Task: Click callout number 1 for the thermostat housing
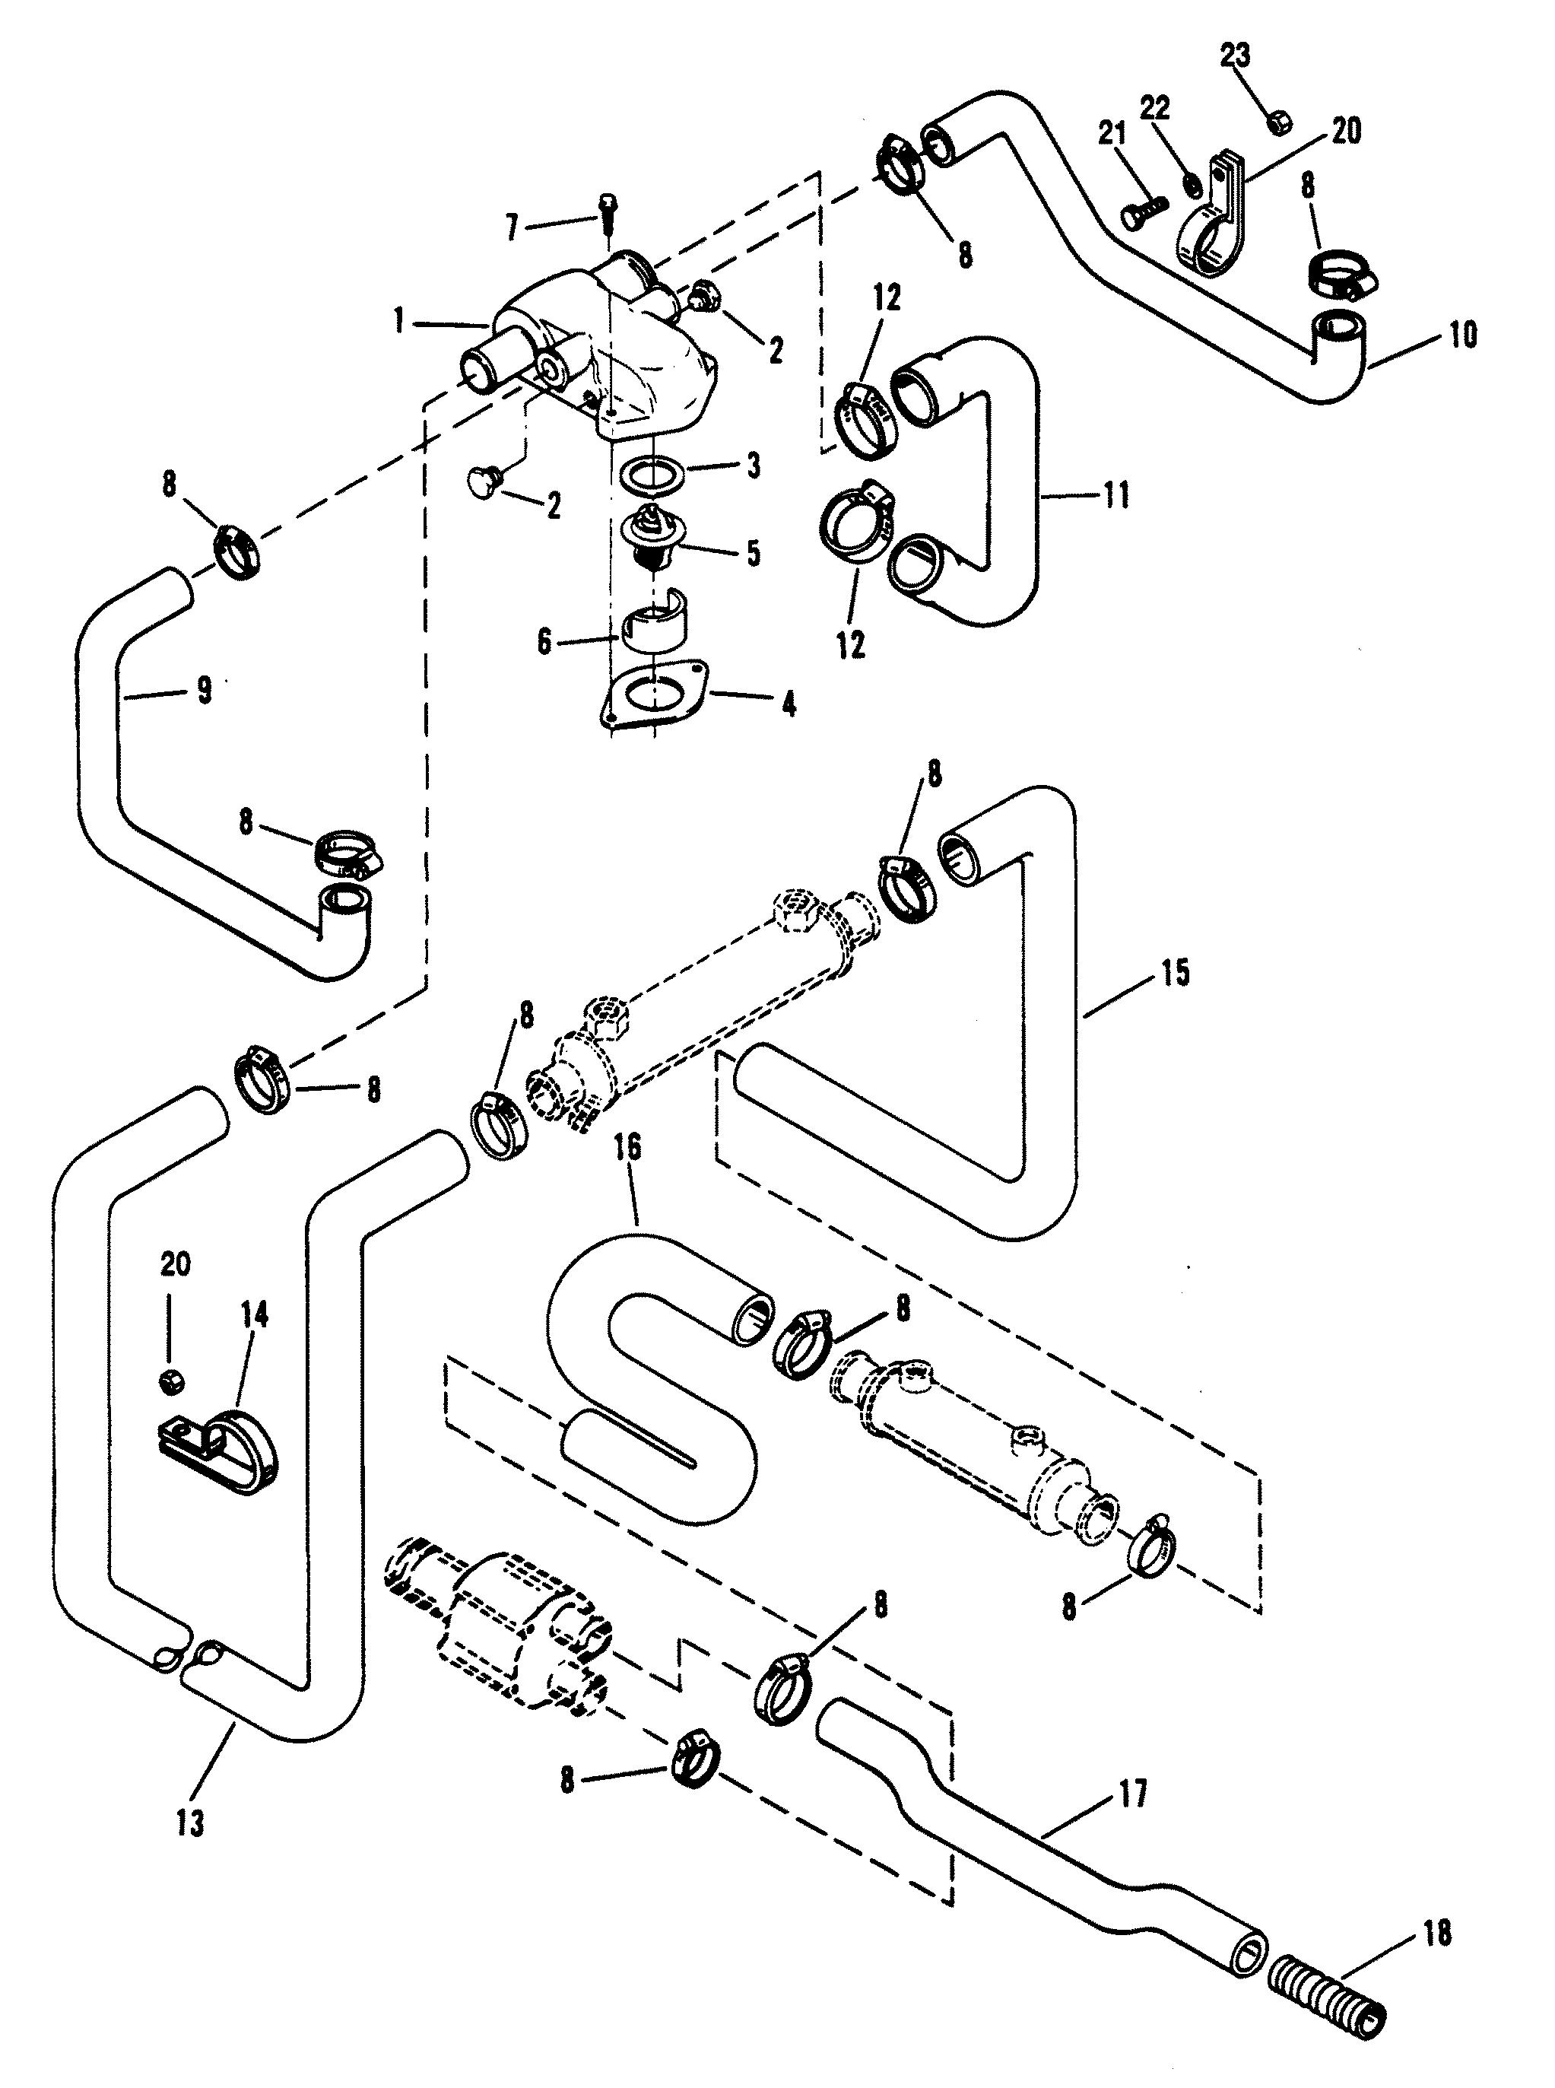400,323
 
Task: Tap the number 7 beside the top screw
512,227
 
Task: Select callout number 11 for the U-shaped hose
1116,495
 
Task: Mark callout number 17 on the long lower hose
1132,1794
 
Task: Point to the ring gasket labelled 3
657,471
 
